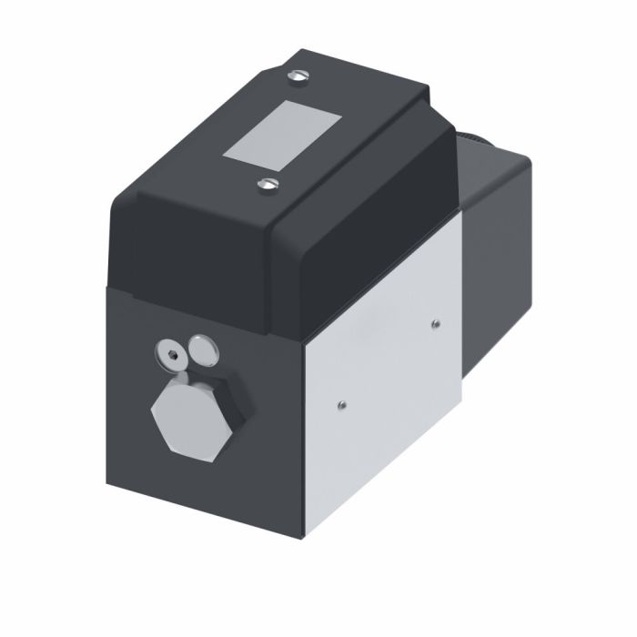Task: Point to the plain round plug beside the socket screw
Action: point(201,345)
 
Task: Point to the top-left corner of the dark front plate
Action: point(110,289)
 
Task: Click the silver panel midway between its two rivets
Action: point(389,363)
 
